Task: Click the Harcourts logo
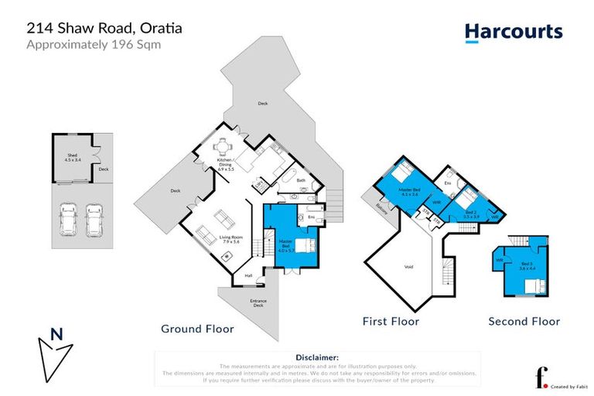click(x=513, y=32)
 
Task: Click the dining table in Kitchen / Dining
click(x=223, y=147)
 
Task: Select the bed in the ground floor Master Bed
click(x=304, y=247)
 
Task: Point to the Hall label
click(x=248, y=275)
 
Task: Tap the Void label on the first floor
click(x=409, y=267)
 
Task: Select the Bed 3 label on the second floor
click(x=527, y=266)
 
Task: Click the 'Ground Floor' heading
click(x=197, y=329)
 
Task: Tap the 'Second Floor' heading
click(x=524, y=321)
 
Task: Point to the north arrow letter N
click(x=56, y=335)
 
